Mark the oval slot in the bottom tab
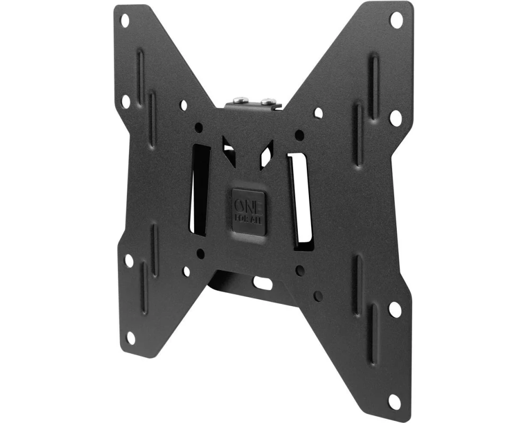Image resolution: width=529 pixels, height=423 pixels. pyautogui.click(x=263, y=283)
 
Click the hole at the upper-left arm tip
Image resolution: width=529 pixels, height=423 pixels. pyautogui.click(x=125, y=21)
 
